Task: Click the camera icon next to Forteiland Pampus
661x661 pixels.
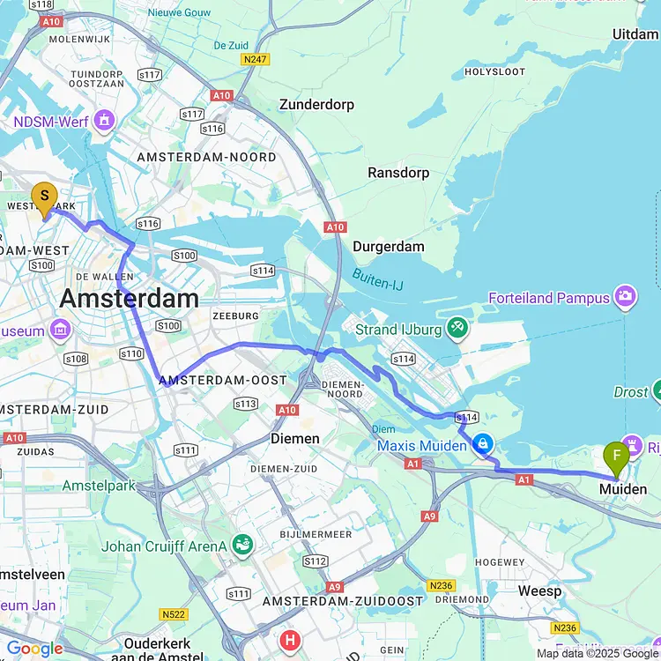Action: pos(625,297)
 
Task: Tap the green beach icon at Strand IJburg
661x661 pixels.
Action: pos(457,330)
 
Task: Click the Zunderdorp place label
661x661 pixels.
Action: pos(316,104)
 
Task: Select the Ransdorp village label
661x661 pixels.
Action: pos(398,173)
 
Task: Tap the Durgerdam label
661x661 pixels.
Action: pos(388,247)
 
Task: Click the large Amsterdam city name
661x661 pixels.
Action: pos(129,299)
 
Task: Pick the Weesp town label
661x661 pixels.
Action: pos(539,590)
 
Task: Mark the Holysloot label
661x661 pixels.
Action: pos(494,71)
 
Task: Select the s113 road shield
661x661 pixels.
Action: pos(245,404)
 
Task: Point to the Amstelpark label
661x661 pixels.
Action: pos(99,486)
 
